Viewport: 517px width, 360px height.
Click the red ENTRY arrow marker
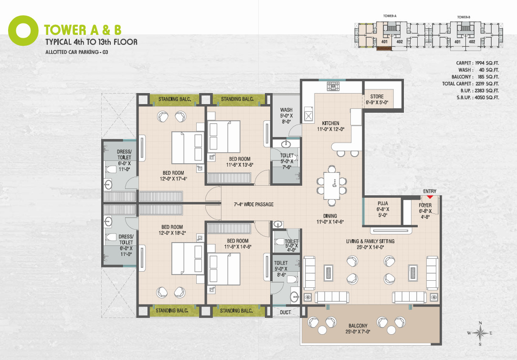point(430,197)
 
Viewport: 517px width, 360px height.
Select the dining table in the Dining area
point(332,186)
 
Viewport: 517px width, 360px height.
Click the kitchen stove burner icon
point(333,86)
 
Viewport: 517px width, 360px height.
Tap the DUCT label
point(285,312)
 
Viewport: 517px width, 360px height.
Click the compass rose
point(480,333)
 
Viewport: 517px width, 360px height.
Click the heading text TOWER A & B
point(83,30)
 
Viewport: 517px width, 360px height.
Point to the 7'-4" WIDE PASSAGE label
point(253,204)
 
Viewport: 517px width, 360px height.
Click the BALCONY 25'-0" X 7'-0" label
point(358,328)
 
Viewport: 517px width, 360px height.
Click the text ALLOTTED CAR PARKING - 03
point(77,52)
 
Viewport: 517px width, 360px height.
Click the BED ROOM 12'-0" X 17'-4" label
point(173,176)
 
